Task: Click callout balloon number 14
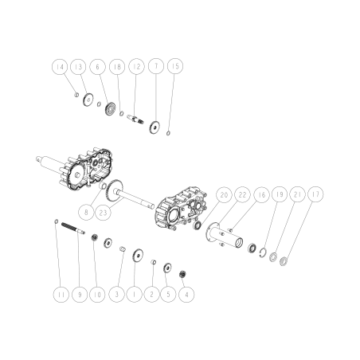tap(60, 68)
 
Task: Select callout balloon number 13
tap(79, 68)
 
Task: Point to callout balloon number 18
tap(117, 68)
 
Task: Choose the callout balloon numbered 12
tap(136, 68)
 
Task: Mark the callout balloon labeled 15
tap(175, 68)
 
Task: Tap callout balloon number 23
tap(104, 213)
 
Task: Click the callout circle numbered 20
tap(223, 195)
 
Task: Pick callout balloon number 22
tap(242, 195)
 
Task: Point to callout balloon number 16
tap(261, 195)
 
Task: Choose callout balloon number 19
tap(280, 195)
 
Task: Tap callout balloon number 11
tap(60, 294)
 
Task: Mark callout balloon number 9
tap(78, 294)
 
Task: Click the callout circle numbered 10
tap(97, 294)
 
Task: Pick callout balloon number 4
tap(187, 294)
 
